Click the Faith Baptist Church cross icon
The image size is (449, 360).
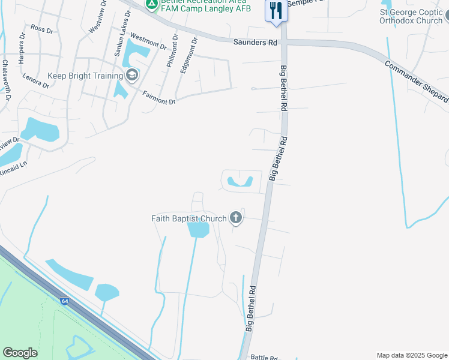(x=236, y=218)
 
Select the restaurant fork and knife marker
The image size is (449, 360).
(x=276, y=10)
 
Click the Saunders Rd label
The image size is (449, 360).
(x=256, y=42)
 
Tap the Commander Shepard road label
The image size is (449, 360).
(x=416, y=82)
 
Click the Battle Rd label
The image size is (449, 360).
(x=263, y=356)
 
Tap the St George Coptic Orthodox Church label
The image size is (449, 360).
(x=411, y=16)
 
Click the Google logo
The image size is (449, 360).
(x=20, y=353)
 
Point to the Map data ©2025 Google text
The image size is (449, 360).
(x=411, y=355)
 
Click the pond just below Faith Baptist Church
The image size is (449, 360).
(x=198, y=230)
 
